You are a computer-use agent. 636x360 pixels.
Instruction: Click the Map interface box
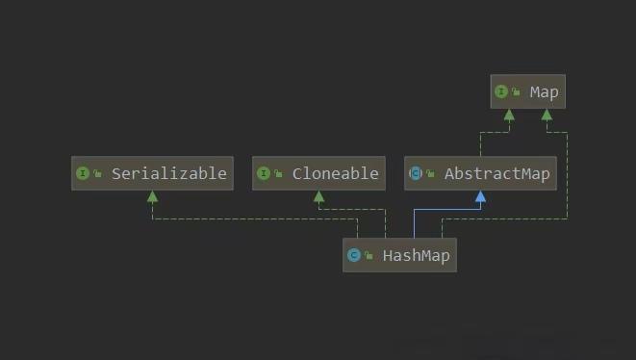527,92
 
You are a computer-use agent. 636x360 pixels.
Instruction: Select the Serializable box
152,173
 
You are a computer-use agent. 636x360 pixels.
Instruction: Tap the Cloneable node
318,173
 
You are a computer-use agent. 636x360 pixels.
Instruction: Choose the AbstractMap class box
480,173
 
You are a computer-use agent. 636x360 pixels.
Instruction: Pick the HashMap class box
399,255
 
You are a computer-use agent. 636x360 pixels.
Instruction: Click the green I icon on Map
501,92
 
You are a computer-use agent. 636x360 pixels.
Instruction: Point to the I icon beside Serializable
82,173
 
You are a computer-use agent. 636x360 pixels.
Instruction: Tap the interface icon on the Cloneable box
264,173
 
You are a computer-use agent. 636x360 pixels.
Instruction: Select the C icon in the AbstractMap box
416,173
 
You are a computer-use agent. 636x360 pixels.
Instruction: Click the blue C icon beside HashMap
354,255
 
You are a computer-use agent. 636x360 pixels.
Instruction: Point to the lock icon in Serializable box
97,174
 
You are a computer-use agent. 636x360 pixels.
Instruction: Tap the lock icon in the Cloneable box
278,174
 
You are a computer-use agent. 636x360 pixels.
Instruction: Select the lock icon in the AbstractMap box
430,174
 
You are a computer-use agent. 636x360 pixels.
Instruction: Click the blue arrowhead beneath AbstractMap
480,196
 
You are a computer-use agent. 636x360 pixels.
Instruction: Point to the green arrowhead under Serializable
152,196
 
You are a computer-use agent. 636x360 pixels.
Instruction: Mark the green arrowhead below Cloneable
318,196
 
